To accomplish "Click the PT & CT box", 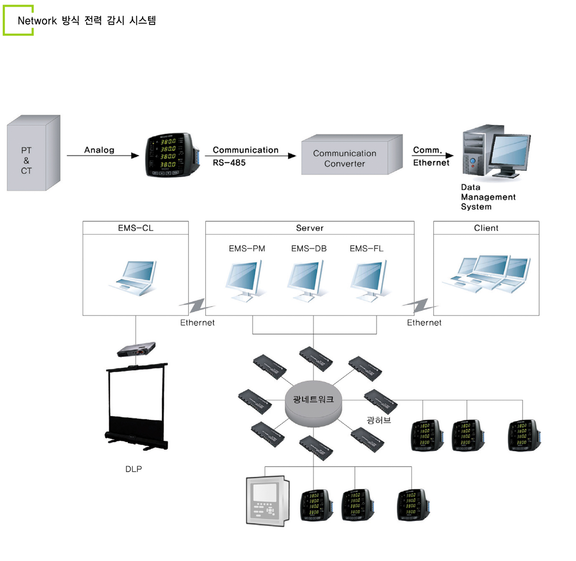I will point(33,153).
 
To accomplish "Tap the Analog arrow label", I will point(99,150).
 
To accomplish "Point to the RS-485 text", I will point(229,163).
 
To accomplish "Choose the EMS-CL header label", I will point(136,228).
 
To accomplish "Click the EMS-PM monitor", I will point(245,280).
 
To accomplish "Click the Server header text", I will point(310,228).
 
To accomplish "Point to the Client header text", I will point(486,228).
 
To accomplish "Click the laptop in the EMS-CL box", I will point(134,278).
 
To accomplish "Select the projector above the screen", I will point(136,349).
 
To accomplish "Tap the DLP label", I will point(134,469).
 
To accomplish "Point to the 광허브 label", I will point(379,420).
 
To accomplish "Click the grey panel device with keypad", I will point(268,501).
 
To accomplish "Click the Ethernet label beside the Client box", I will point(424,323).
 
